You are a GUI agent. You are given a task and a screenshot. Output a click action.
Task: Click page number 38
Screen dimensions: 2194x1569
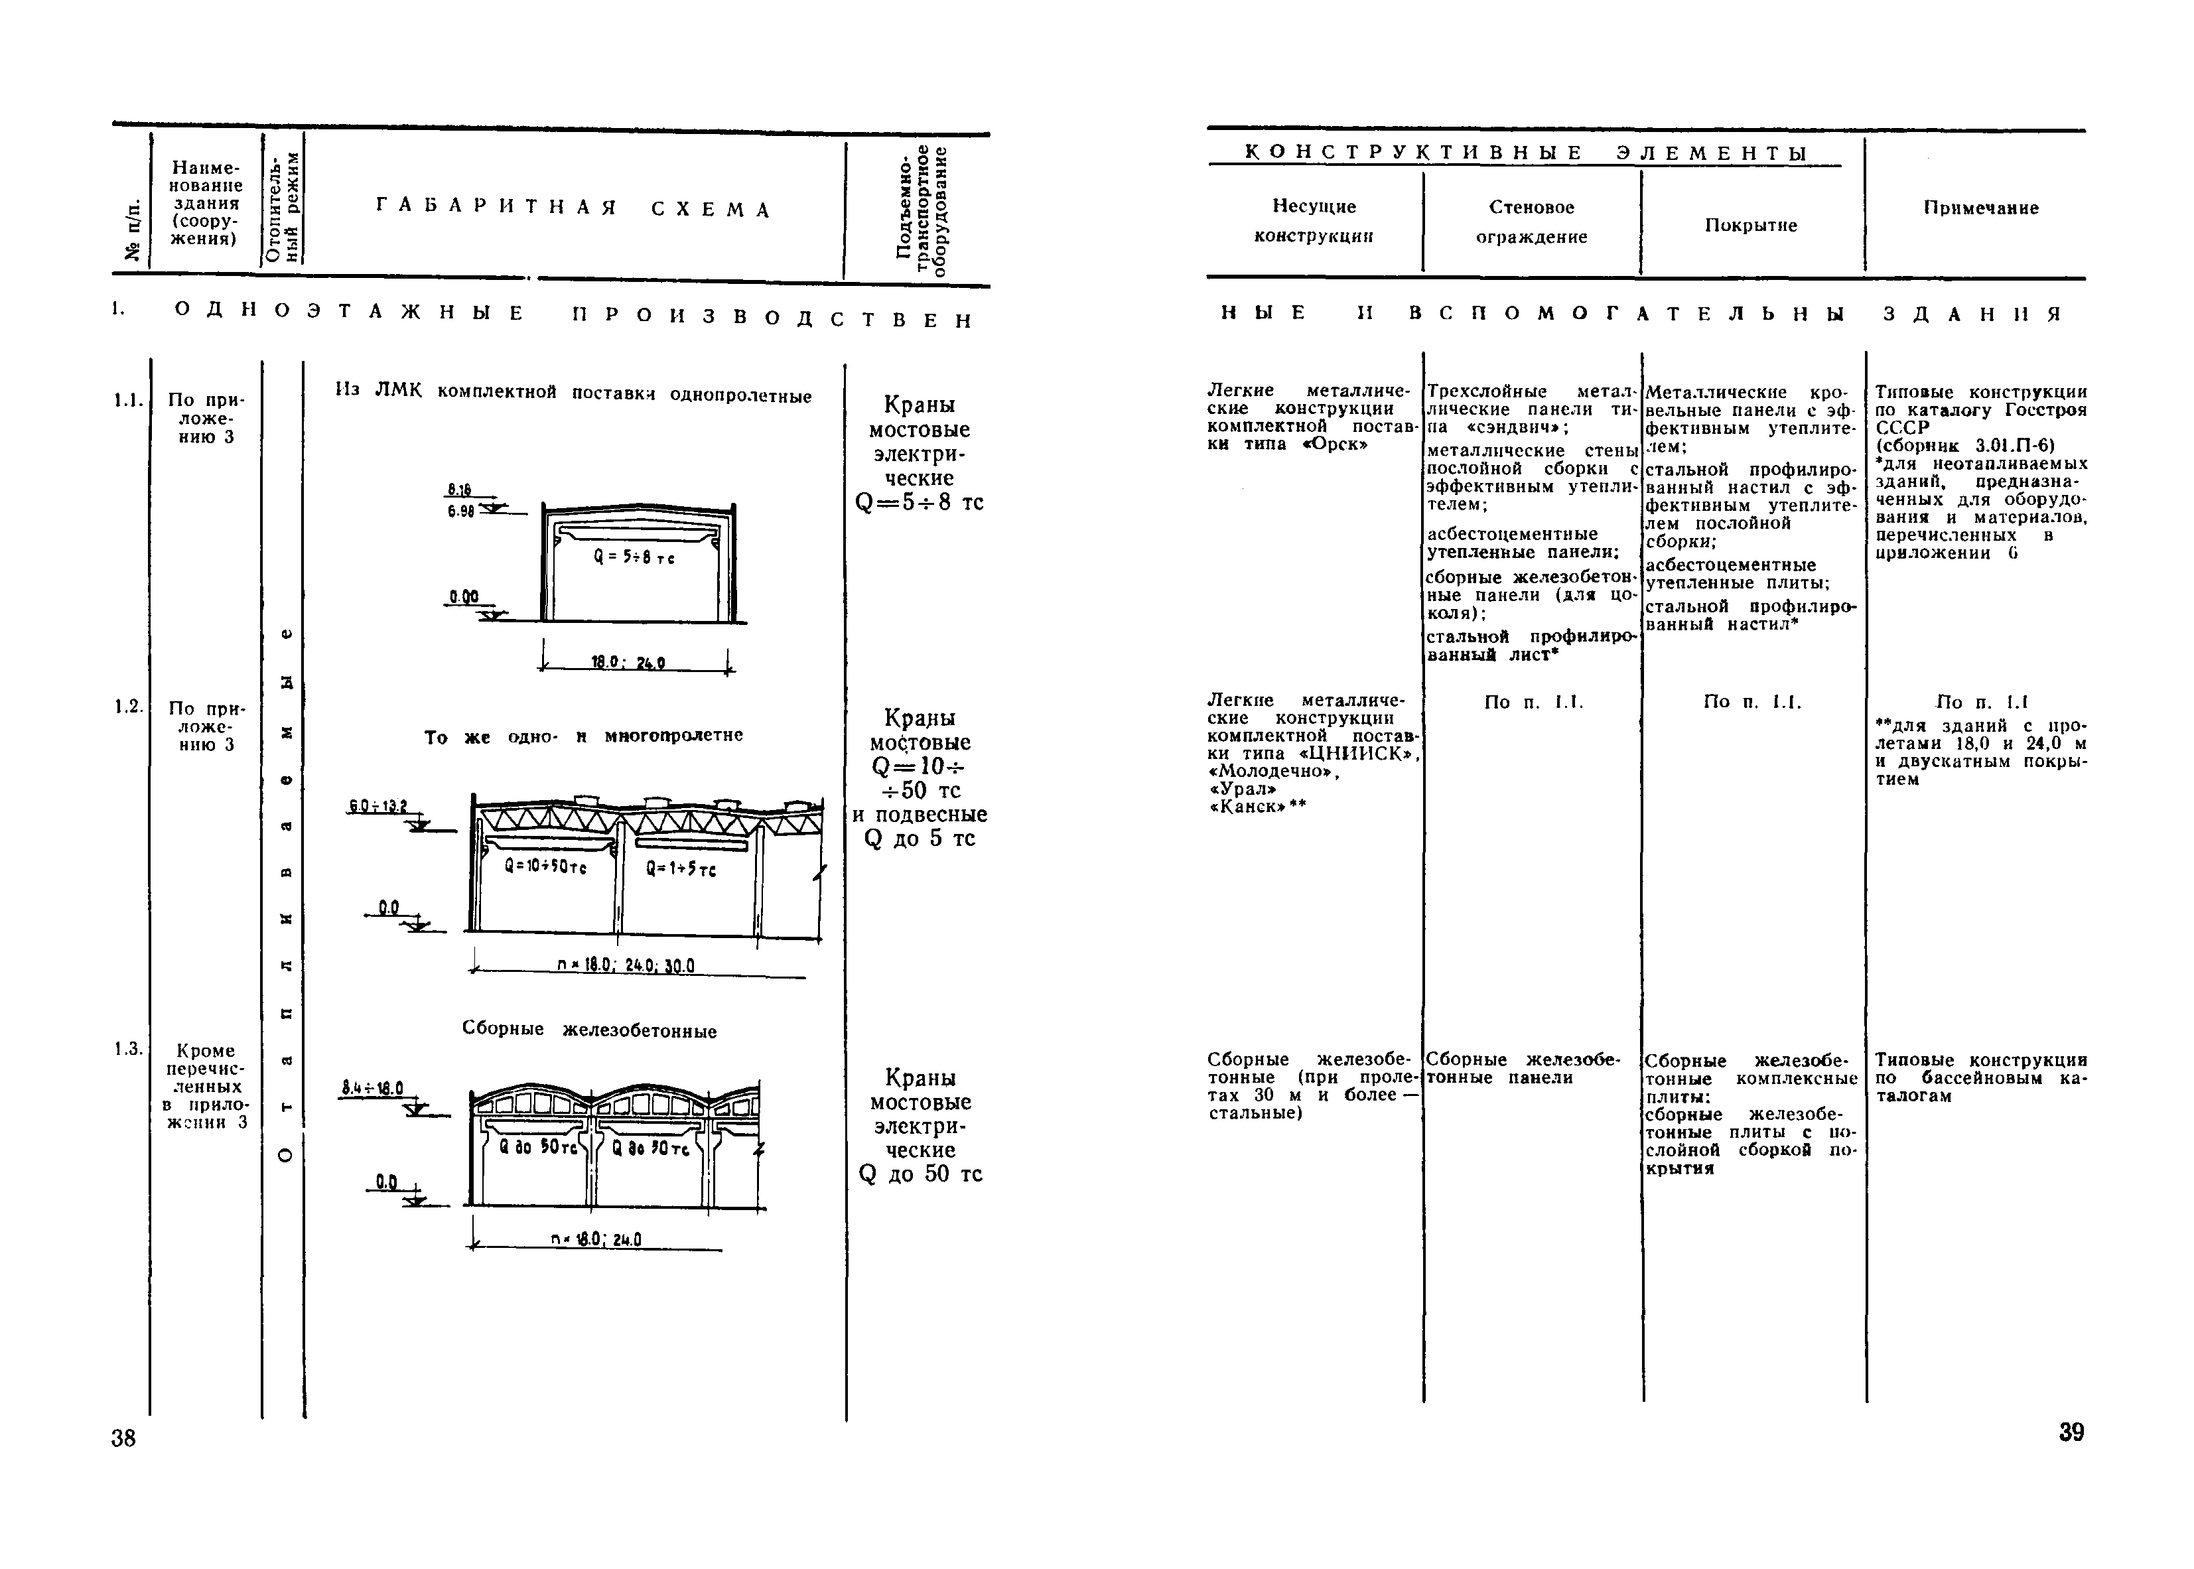(123, 1438)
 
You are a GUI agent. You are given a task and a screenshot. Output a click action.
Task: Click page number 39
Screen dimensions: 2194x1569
(2071, 1432)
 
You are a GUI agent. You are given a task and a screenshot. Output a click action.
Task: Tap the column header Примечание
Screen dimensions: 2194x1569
(1980, 208)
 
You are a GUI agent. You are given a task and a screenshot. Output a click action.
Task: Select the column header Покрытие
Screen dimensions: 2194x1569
(1751, 225)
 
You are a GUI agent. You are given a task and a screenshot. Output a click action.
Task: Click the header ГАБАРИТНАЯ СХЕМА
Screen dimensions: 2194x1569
(574, 209)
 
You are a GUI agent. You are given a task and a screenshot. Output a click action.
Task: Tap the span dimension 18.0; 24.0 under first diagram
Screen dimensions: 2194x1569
(628, 663)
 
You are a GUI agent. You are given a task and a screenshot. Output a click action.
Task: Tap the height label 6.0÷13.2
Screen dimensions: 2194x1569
(379, 806)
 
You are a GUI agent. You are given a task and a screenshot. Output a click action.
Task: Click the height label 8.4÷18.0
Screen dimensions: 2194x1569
(373, 1088)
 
